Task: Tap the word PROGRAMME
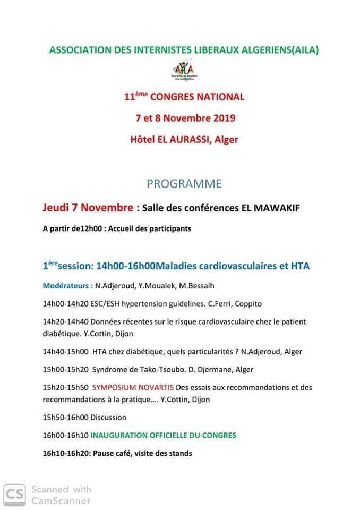click(184, 184)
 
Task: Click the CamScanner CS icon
click(14, 494)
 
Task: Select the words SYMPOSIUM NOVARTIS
click(125, 387)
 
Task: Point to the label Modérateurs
click(67, 285)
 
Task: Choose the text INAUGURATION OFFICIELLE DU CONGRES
click(164, 435)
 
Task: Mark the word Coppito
click(247, 303)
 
